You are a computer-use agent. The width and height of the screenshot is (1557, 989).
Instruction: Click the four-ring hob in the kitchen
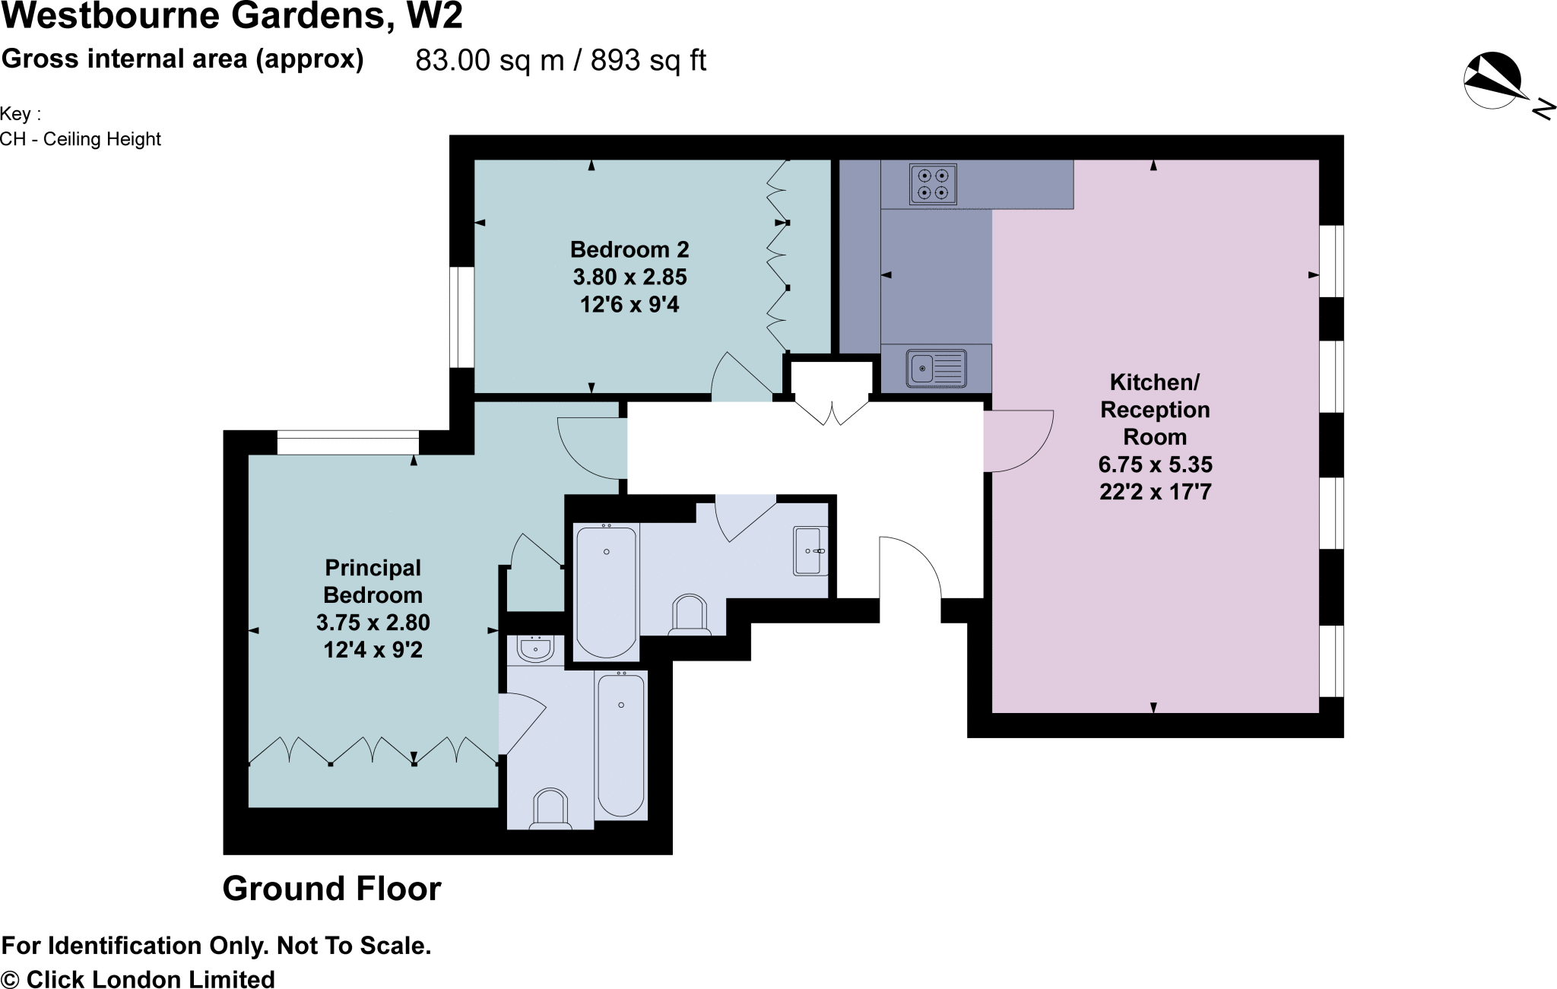[x=933, y=184]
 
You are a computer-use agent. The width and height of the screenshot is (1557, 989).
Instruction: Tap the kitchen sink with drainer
[x=936, y=368]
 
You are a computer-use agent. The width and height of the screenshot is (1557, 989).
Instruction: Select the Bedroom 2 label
[x=629, y=249]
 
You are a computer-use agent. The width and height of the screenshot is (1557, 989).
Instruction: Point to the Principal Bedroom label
[x=373, y=582]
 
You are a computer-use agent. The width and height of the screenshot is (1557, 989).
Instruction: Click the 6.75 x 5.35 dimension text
[x=1155, y=464]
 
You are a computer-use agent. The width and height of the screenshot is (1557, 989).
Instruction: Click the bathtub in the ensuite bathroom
[x=621, y=744]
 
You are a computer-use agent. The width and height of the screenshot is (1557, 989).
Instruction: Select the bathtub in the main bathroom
[x=606, y=591]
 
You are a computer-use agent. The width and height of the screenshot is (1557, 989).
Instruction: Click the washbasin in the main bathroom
[x=810, y=550]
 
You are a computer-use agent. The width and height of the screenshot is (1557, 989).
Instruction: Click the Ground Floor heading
[x=331, y=889]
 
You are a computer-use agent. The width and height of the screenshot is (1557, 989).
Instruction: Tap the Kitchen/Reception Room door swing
[x=1019, y=441]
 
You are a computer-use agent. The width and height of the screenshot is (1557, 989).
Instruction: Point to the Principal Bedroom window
[x=347, y=442]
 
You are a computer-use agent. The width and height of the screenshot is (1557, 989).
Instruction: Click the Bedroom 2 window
[x=461, y=317]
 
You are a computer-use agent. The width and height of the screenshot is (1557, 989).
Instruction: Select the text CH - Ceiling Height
[x=81, y=139]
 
